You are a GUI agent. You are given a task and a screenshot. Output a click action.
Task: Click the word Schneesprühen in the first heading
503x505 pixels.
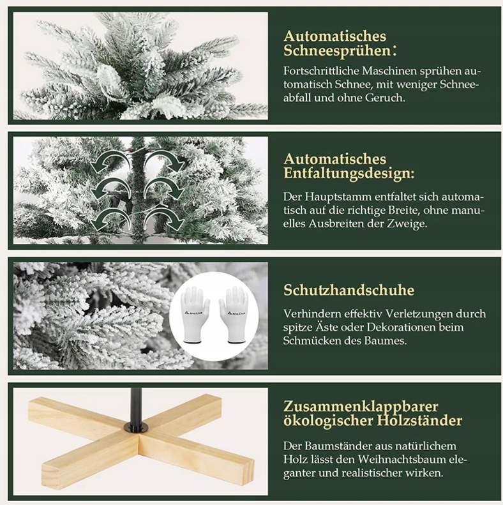[x=337, y=51]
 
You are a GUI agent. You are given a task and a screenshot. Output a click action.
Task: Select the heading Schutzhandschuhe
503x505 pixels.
[x=349, y=290]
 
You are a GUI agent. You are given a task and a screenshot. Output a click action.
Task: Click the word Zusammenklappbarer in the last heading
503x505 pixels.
[x=361, y=407]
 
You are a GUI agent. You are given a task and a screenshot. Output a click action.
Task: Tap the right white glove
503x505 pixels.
[x=234, y=314]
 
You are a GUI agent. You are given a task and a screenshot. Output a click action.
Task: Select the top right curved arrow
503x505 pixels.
[x=163, y=160]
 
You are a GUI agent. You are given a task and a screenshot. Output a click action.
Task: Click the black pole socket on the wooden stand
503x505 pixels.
[x=136, y=427]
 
